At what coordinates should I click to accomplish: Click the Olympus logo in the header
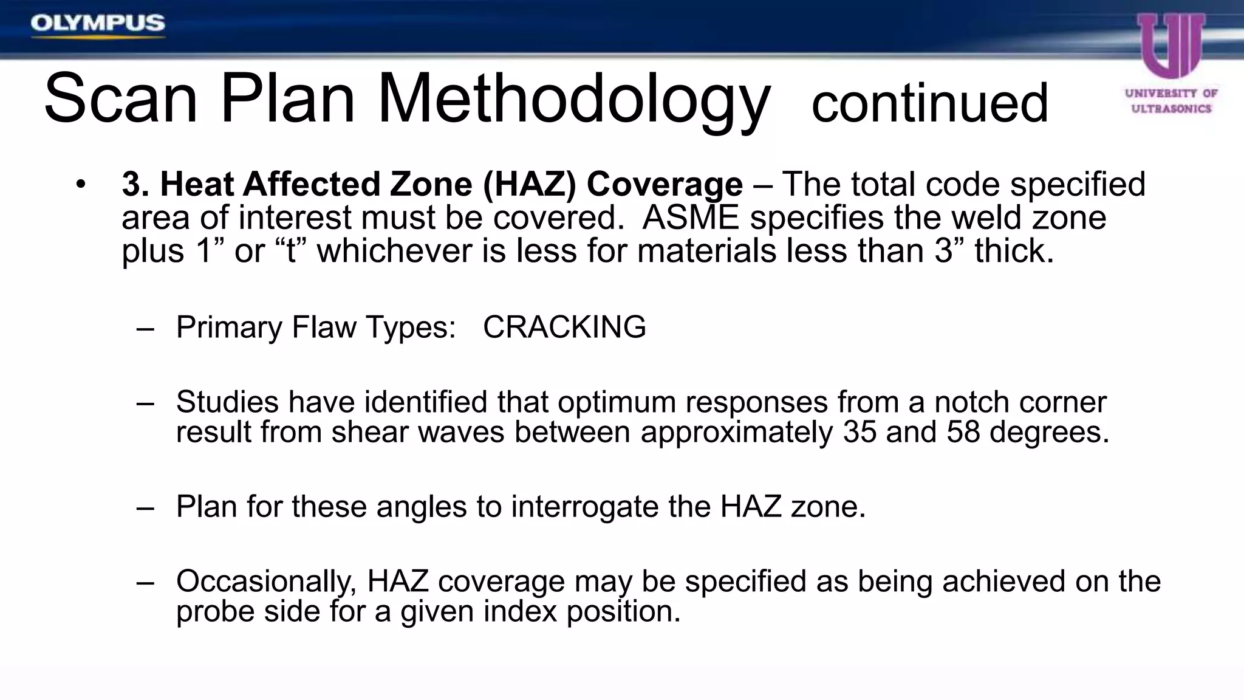point(98,24)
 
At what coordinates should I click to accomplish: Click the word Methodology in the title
point(574,99)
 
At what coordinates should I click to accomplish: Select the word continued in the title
point(929,103)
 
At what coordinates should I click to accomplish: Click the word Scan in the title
point(121,99)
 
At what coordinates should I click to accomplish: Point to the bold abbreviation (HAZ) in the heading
point(529,184)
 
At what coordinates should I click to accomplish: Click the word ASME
point(691,218)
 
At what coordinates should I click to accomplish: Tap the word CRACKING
point(564,327)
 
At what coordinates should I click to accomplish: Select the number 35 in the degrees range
point(860,431)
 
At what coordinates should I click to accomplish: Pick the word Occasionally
point(266,582)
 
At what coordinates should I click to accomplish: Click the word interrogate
point(584,506)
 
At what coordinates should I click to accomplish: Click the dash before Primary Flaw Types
point(145,329)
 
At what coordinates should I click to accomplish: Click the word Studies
point(227,402)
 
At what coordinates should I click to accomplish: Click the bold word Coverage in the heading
point(665,184)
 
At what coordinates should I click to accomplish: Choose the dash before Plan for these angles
point(145,508)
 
